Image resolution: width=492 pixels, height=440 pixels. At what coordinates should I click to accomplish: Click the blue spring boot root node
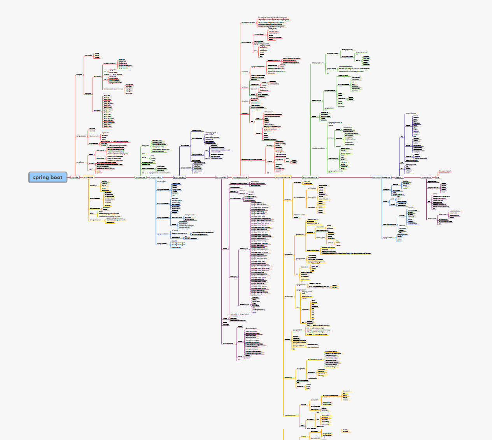point(48,177)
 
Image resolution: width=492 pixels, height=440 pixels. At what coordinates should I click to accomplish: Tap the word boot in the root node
point(56,177)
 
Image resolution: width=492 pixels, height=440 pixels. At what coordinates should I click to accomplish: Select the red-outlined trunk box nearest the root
point(75,177)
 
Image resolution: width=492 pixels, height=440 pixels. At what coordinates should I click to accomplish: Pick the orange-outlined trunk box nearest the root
point(88,177)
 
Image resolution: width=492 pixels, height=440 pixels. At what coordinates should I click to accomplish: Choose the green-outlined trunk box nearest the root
point(140,177)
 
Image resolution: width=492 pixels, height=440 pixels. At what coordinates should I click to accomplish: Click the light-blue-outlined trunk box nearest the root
point(156,177)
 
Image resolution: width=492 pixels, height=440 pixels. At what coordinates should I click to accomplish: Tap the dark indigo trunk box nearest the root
point(179,177)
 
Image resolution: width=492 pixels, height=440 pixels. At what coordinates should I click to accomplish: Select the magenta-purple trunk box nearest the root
point(221,177)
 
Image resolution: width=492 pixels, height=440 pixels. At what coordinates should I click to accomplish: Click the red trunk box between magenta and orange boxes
point(240,177)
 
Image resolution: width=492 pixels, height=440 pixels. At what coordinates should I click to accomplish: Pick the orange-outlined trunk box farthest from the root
point(283,177)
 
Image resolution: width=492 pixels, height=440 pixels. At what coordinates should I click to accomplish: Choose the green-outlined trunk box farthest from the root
point(310,177)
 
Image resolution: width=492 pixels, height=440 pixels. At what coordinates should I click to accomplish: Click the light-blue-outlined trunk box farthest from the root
point(382,177)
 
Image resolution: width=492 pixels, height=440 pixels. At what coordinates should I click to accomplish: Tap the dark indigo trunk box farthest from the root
point(399,177)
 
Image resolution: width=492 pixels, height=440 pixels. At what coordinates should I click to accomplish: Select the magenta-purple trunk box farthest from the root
point(426,177)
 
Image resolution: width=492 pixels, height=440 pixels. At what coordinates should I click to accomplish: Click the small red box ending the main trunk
point(438,177)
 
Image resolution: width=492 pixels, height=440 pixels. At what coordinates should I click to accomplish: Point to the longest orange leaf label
point(338,253)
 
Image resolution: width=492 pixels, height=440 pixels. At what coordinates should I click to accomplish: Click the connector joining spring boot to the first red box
point(69,177)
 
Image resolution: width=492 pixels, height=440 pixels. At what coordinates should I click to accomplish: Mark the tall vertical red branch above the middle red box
point(240,97)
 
